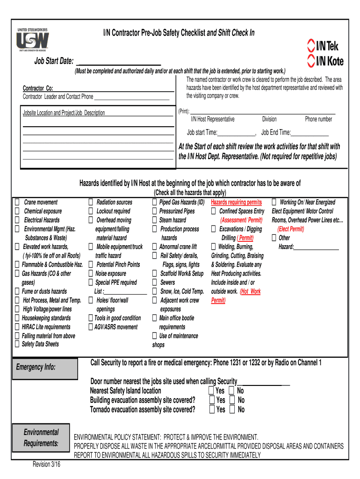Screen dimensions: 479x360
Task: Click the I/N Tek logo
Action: (323, 46)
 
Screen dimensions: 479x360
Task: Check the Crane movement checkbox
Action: (17, 203)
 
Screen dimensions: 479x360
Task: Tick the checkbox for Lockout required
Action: (91, 211)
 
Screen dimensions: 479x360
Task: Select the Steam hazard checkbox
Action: (154, 220)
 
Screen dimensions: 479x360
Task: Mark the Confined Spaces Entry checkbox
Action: (214, 211)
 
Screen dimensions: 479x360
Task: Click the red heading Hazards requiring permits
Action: (236, 203)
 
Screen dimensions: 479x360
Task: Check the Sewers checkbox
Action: (154, 283)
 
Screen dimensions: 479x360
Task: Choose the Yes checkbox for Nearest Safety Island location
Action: (212, 391)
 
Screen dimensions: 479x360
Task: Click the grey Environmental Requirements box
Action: (42, 438)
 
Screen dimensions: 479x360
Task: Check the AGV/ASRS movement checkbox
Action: (91, 327)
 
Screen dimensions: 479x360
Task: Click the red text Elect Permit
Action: (290, 229)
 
